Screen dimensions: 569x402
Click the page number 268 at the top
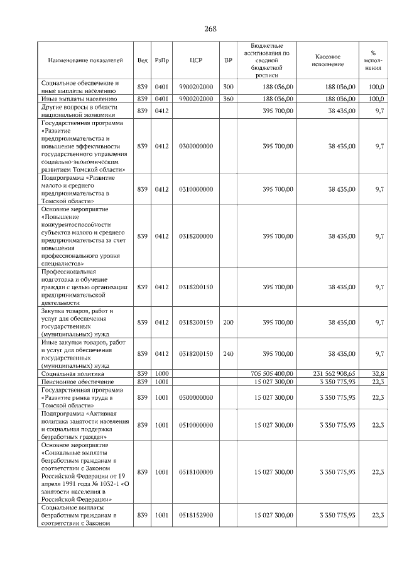tap(210, 29)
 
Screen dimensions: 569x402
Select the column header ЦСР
tap(195, 60)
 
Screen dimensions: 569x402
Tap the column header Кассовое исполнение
tap(328, 60)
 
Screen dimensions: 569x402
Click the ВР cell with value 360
tap(228, 99)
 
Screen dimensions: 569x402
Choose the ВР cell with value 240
tap(228, 353)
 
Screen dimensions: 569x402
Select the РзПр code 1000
tap(162, 373)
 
